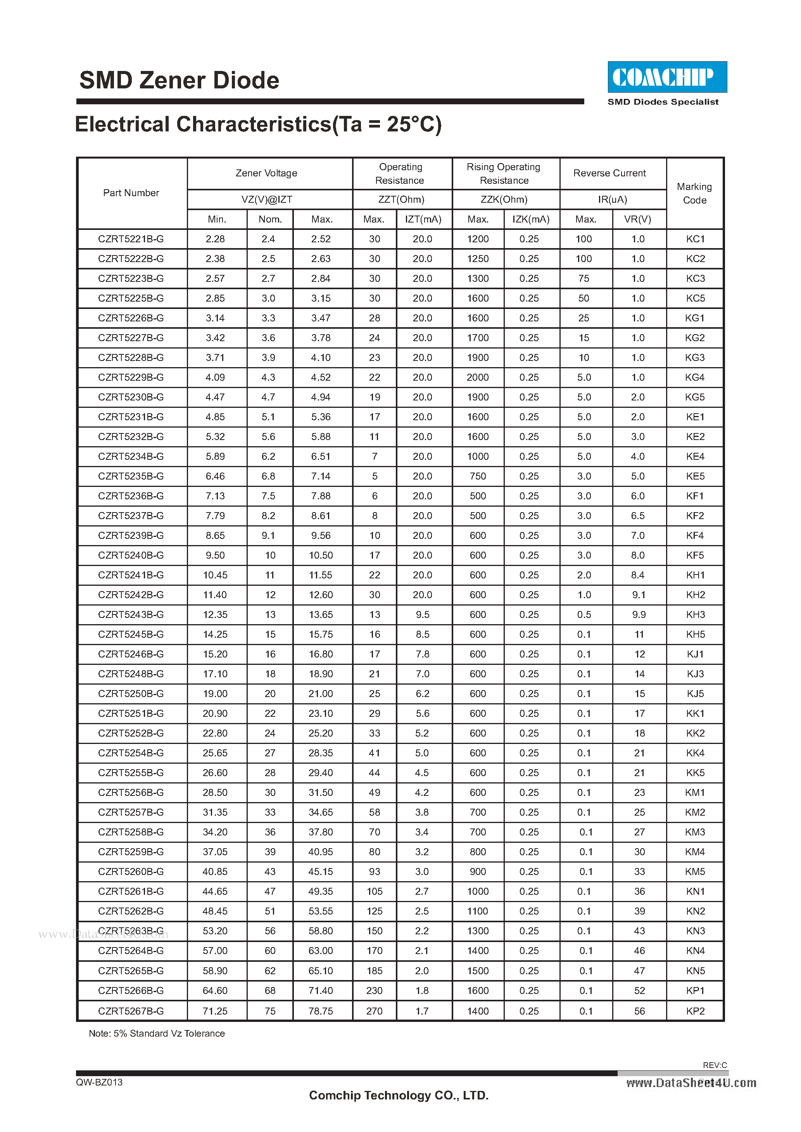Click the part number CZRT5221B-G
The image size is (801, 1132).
click(x=131, y=239)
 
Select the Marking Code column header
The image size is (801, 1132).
click(x=694, y=193)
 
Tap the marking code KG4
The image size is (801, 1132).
click(x=694, y=378)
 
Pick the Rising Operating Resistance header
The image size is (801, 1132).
click(x=504, y=174)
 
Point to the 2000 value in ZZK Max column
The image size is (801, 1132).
click(x=477, y=378)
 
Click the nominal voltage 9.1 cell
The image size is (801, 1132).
click(x=268, y=535)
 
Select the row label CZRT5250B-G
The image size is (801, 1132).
click(x=131, y=694)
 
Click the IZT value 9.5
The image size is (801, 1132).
click(x=422, y=615)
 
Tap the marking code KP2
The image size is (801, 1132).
click(x=695, y=1011)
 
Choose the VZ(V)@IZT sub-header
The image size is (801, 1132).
click(x=267, y=200)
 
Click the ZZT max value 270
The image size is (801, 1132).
click(x=375, y=1011)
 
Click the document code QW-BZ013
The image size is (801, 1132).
click(x=99, y=1082)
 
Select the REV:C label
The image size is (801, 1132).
click(x=715, y=1065)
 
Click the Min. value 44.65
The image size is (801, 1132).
click(x=215, y=891)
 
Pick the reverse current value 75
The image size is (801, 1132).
click(x=583, y=279)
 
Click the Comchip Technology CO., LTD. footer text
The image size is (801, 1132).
click(x=399, y=1096)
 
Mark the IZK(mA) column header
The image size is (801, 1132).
click(x=531, y=219)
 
